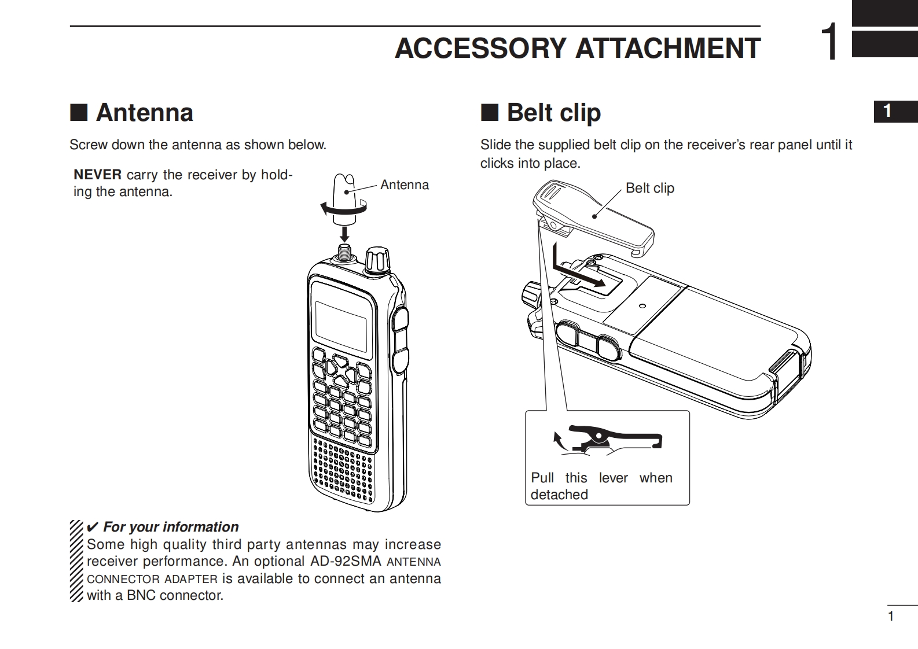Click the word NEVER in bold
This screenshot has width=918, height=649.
(97, 175)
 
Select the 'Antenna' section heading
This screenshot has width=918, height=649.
(144, 112)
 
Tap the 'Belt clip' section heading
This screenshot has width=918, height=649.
(553, 112)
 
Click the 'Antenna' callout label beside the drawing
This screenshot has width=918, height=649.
(405, 185)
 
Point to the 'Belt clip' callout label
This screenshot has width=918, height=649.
(649, 189)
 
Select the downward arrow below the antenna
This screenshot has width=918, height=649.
(345, 233)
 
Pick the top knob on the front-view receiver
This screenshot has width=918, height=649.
(378, 260)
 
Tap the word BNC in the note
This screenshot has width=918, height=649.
(141, 595)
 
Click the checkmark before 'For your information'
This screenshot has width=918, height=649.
(92, 527)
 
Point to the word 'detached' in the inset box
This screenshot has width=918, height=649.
(559, 495)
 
